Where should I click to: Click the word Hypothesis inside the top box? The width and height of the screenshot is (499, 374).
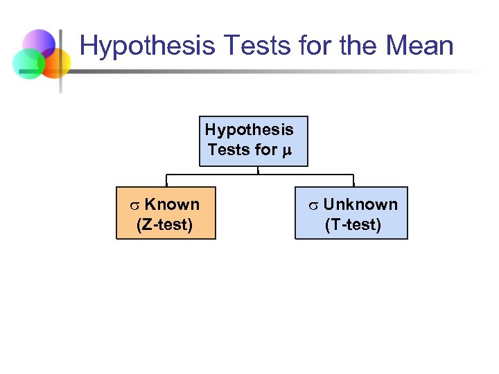pos(249,130)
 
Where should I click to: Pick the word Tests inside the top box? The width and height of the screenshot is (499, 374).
pos(228,149)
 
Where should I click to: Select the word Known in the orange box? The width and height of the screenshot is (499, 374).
pos(172,204)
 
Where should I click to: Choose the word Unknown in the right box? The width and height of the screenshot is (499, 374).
pos(360,204)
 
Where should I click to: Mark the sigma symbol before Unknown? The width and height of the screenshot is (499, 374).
pos(313,205)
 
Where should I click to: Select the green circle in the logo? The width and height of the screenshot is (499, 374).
pos(28,64)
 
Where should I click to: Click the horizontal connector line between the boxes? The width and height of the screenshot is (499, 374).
pos(208,175)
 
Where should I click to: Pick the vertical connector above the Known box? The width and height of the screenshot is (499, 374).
pos(165,180)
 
